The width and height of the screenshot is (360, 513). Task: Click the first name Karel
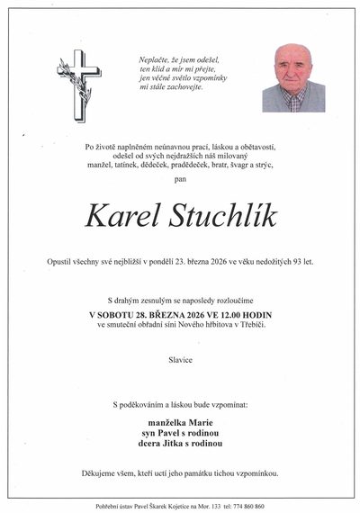pos(120,217)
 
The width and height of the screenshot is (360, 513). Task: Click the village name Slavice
pos(180,358)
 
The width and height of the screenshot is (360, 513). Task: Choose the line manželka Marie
pos(180,422)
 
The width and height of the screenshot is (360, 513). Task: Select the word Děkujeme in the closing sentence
pos(100,472)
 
